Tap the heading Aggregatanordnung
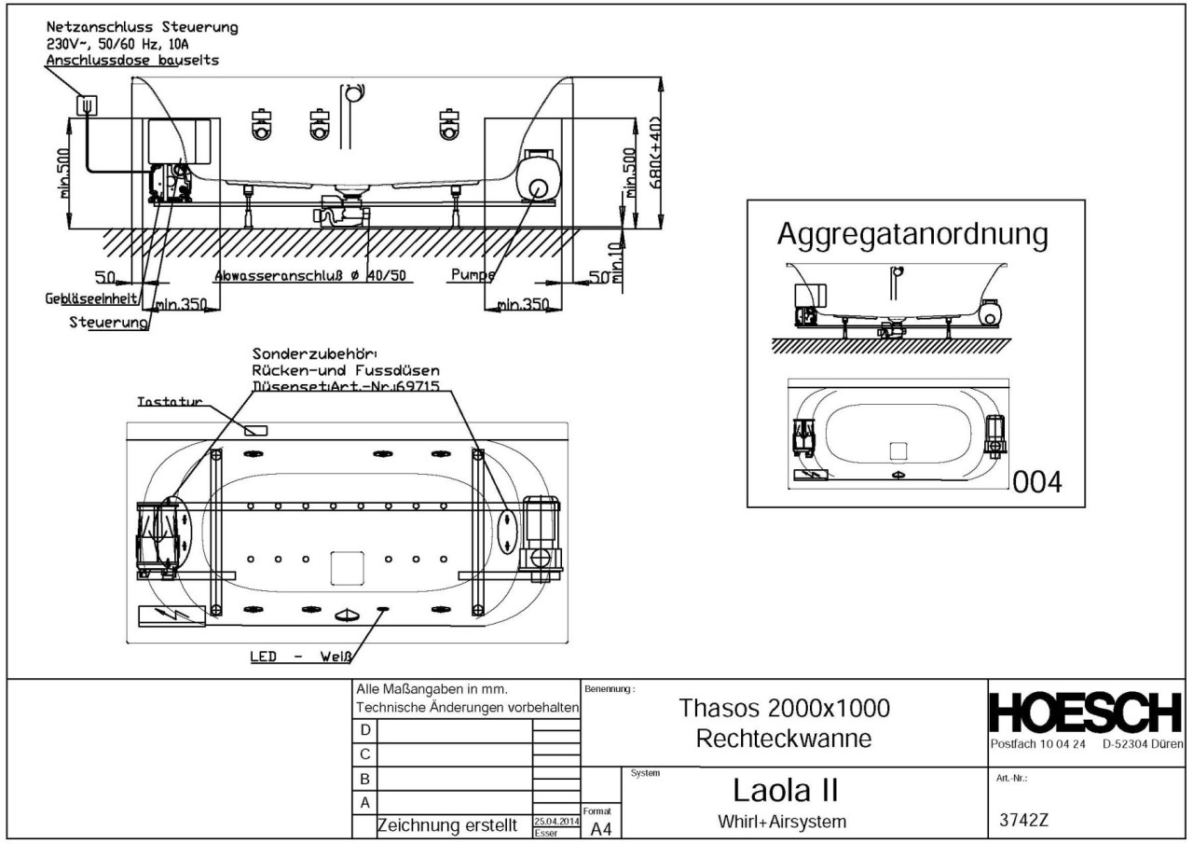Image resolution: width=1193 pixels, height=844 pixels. pos(912,235)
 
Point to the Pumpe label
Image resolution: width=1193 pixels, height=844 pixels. pos(471,275)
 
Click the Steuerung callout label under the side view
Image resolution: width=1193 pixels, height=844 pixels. pos(109,323)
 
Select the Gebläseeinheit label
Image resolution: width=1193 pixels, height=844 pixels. pos(89,298)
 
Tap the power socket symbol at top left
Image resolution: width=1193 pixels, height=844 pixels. pos(87,104)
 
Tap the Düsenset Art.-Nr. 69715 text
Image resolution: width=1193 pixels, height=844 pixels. pos(345,385)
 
